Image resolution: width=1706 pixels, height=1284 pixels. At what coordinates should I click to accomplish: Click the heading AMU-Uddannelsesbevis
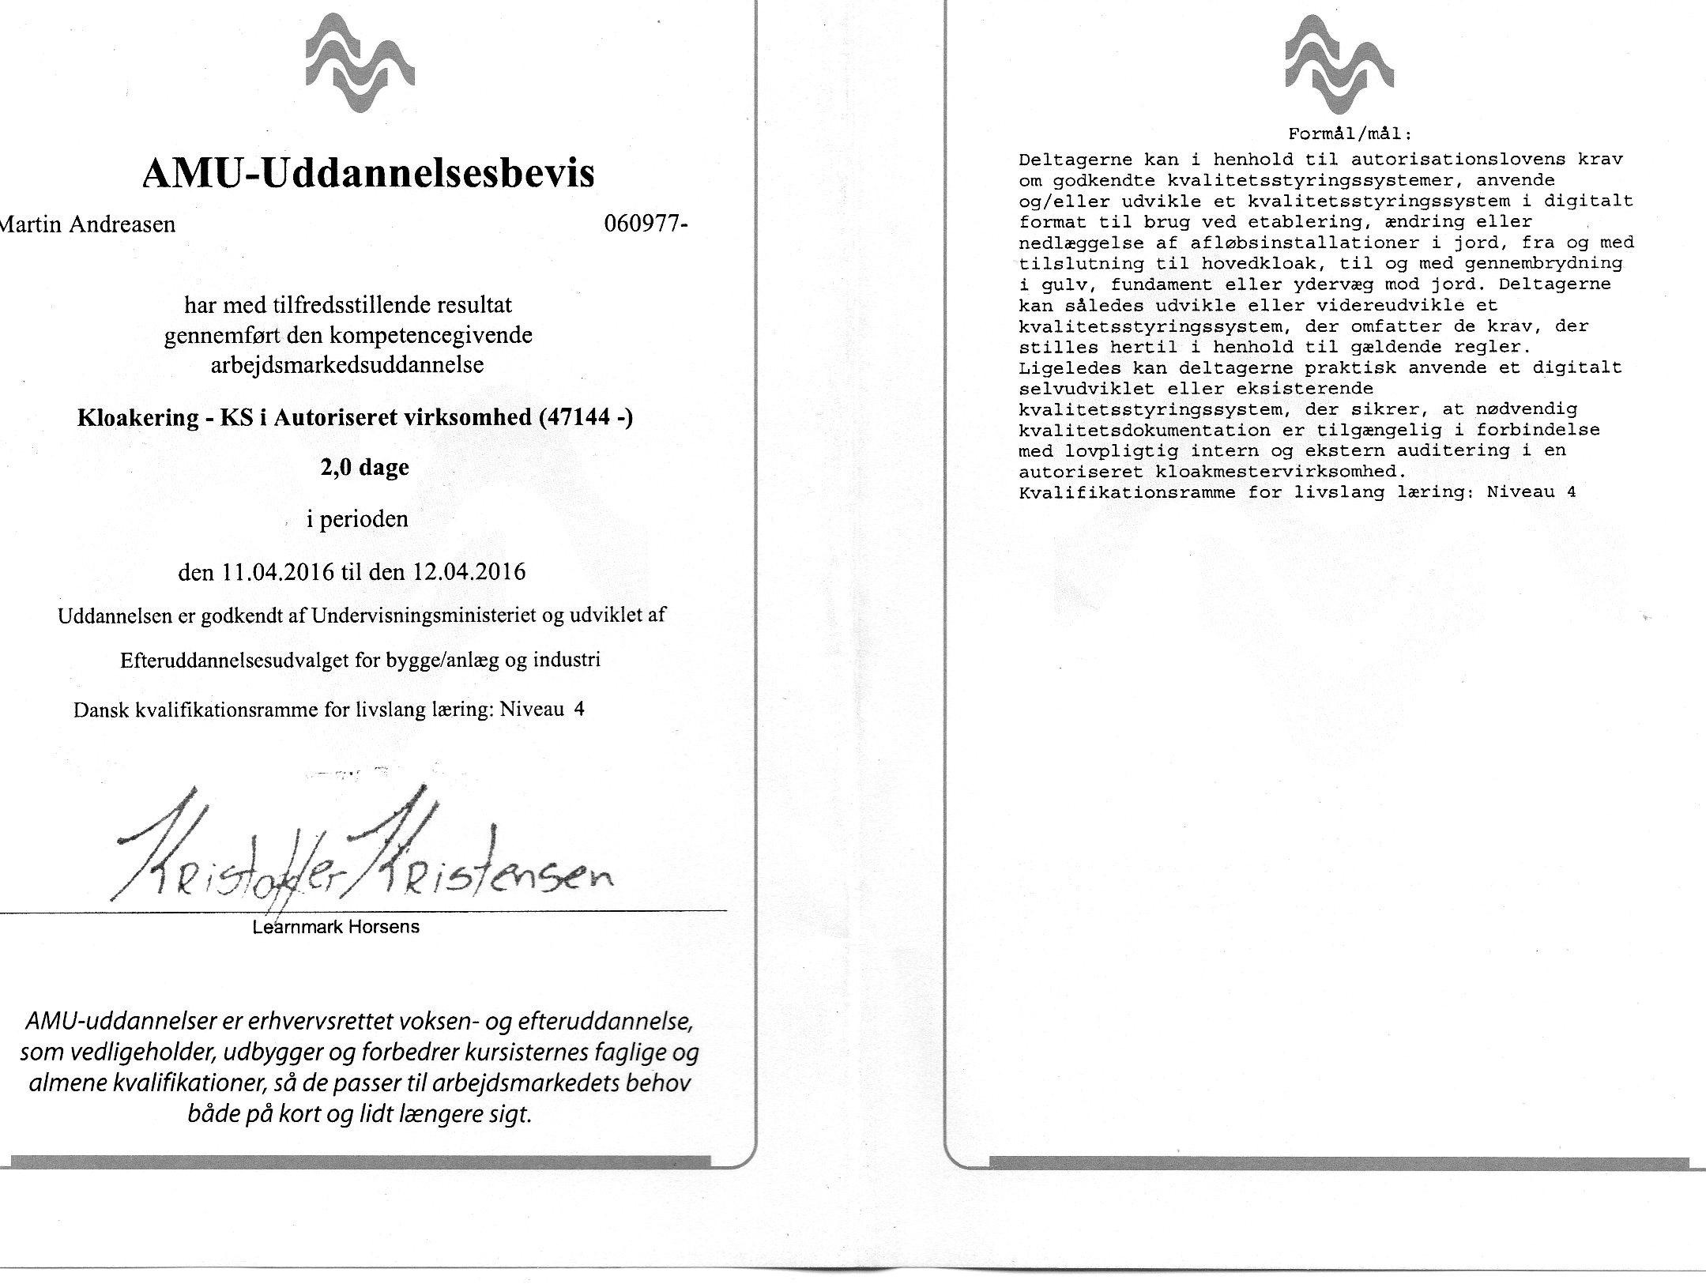point(368,174)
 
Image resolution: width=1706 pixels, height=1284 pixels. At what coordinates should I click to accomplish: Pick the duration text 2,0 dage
point(364,468)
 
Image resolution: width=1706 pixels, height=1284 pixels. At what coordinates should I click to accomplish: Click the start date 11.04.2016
point(278,571)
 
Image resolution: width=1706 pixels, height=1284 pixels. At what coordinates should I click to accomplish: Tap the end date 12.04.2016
point(468,571)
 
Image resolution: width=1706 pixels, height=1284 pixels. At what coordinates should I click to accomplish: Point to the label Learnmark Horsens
point(336,927)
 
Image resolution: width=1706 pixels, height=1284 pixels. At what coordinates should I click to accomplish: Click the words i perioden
point(357,520)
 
